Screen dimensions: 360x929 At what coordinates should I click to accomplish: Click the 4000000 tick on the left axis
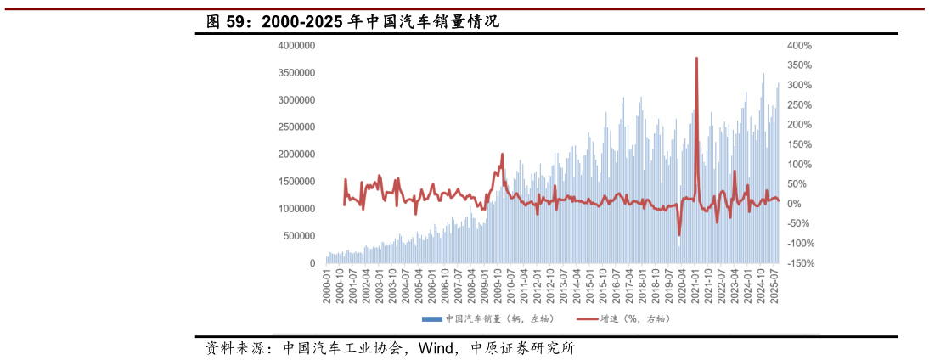coord(296,46)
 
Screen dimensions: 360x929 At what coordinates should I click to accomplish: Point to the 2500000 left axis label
coord(296,127)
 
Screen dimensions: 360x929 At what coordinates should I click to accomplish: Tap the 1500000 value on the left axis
coord(296,182)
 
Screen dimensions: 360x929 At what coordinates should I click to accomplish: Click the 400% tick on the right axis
coord(799,46)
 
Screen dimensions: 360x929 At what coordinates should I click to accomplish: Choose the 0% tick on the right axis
coord(794,204)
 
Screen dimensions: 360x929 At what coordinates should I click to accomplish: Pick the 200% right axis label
coord(799,125)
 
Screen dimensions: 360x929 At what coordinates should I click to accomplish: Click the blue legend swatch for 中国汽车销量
coord(431,319)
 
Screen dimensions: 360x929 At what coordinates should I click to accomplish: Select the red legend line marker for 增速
coord(587,319)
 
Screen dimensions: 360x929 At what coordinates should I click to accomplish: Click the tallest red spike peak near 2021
coord(696,58)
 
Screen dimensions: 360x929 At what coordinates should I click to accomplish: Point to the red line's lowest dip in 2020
coord(679,235)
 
